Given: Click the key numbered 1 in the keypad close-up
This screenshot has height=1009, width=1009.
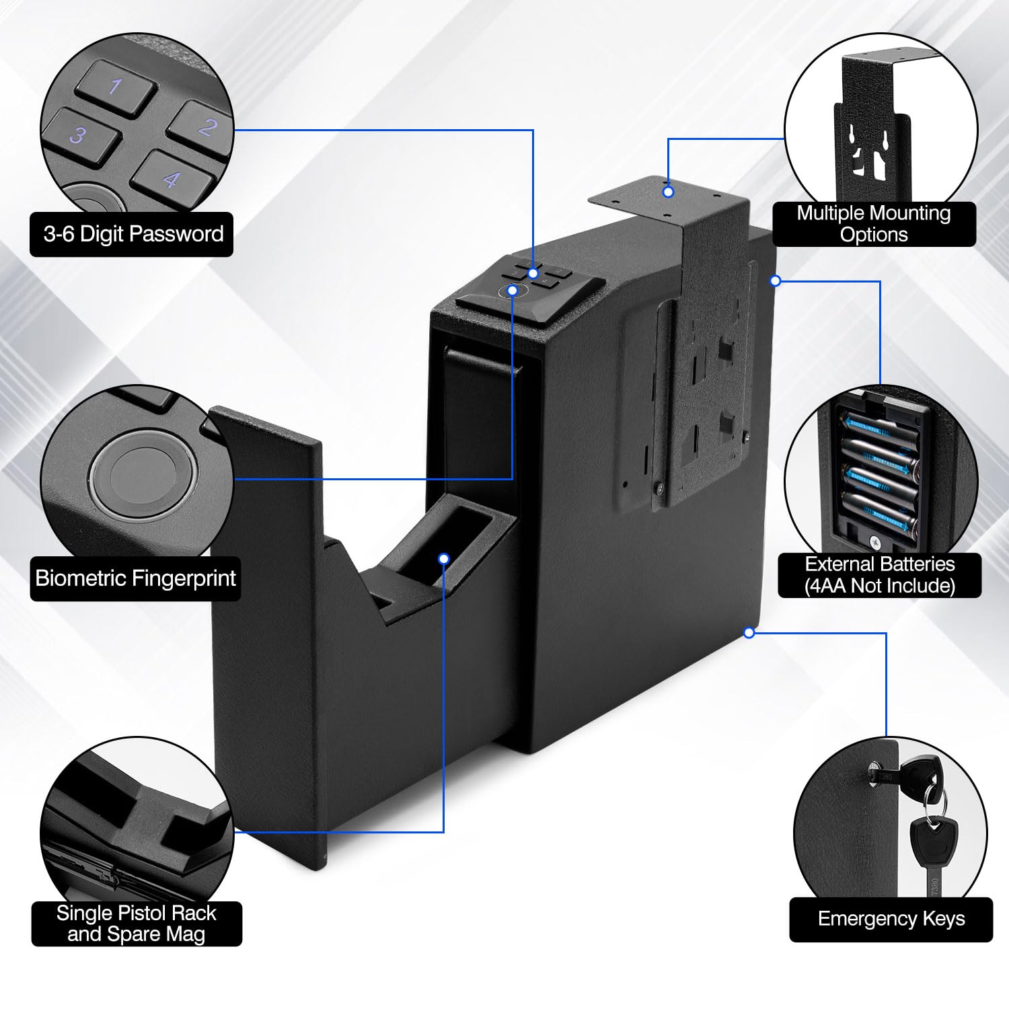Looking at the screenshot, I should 116,87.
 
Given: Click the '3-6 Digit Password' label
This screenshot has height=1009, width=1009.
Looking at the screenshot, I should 133,234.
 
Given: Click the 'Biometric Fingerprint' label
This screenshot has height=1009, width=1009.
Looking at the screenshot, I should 135,578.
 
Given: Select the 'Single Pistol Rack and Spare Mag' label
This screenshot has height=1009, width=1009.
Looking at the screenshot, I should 137,923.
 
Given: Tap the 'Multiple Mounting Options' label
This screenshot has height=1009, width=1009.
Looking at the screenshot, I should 874,223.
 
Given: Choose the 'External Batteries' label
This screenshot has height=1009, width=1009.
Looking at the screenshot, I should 879,574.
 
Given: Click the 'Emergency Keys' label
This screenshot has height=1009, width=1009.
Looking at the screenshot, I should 891,919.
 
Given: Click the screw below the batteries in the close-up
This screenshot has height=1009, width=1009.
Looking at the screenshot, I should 875,540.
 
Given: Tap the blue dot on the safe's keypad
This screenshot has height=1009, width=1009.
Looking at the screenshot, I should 533,273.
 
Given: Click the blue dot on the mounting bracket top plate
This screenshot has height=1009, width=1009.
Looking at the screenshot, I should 668,192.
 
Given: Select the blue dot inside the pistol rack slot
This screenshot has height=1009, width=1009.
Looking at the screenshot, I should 443,558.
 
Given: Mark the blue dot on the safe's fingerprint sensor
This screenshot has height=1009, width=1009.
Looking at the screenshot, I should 513,291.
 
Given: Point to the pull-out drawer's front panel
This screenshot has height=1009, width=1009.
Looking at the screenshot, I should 269,639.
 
